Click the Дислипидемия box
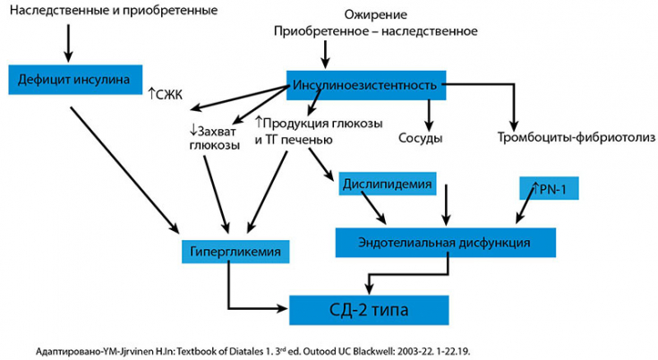(x=387, y=185)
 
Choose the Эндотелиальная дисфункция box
(x=445, y=241)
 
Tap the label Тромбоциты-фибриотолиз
(x=576, y=138)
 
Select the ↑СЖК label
(x=164, y=92)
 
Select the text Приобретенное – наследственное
(x=375, y=30)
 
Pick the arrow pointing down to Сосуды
(x=430, y=111)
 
